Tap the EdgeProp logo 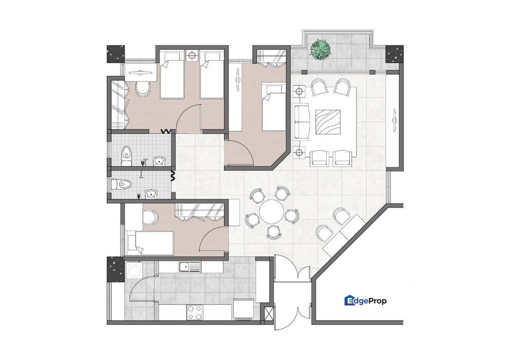tap(365, 300)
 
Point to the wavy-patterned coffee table tap(329, 122)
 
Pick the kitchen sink tap(188, 267)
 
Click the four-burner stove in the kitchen tap(194, 312)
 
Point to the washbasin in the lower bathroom tap(150, 193)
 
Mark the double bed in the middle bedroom tap(273, 107)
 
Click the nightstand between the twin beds tap(192, 56)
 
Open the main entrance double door tap(293, 295)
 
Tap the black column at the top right tap(394, 54)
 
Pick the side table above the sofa tap(299, 91)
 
